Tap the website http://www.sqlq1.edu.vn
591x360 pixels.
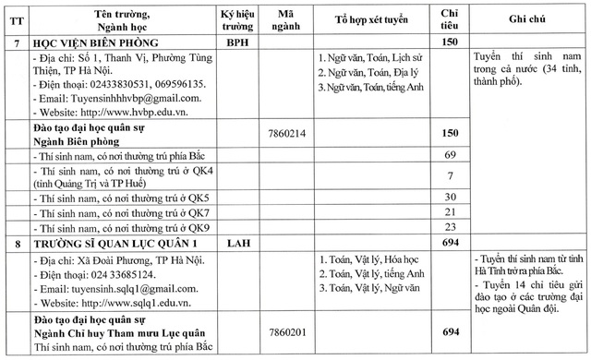coord(109,303)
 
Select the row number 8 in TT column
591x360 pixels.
coord(16,242)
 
